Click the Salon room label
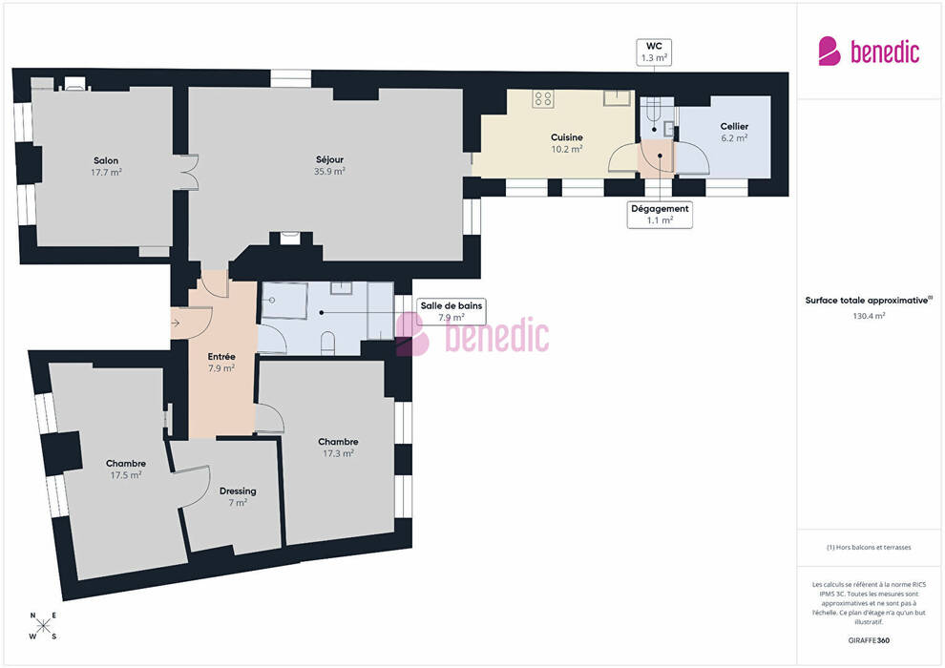point(106,166)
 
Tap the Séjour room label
point(329,165)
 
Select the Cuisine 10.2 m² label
point(566,143)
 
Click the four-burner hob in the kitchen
point(543,99)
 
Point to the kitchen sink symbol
point(618,97)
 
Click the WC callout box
point(654,52)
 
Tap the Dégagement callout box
point(660,215)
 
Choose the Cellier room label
point(734,132)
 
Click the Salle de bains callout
point(451,311)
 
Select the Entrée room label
point(221,362)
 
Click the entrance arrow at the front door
point(176,324)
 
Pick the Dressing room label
point(238,496)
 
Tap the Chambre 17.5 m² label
point(125,470)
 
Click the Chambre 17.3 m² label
point(338,448)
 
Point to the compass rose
point(43,626)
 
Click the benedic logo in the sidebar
point(869,52)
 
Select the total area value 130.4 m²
point(869,316)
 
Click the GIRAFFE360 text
point(869,640)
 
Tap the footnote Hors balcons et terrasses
point(869,548)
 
